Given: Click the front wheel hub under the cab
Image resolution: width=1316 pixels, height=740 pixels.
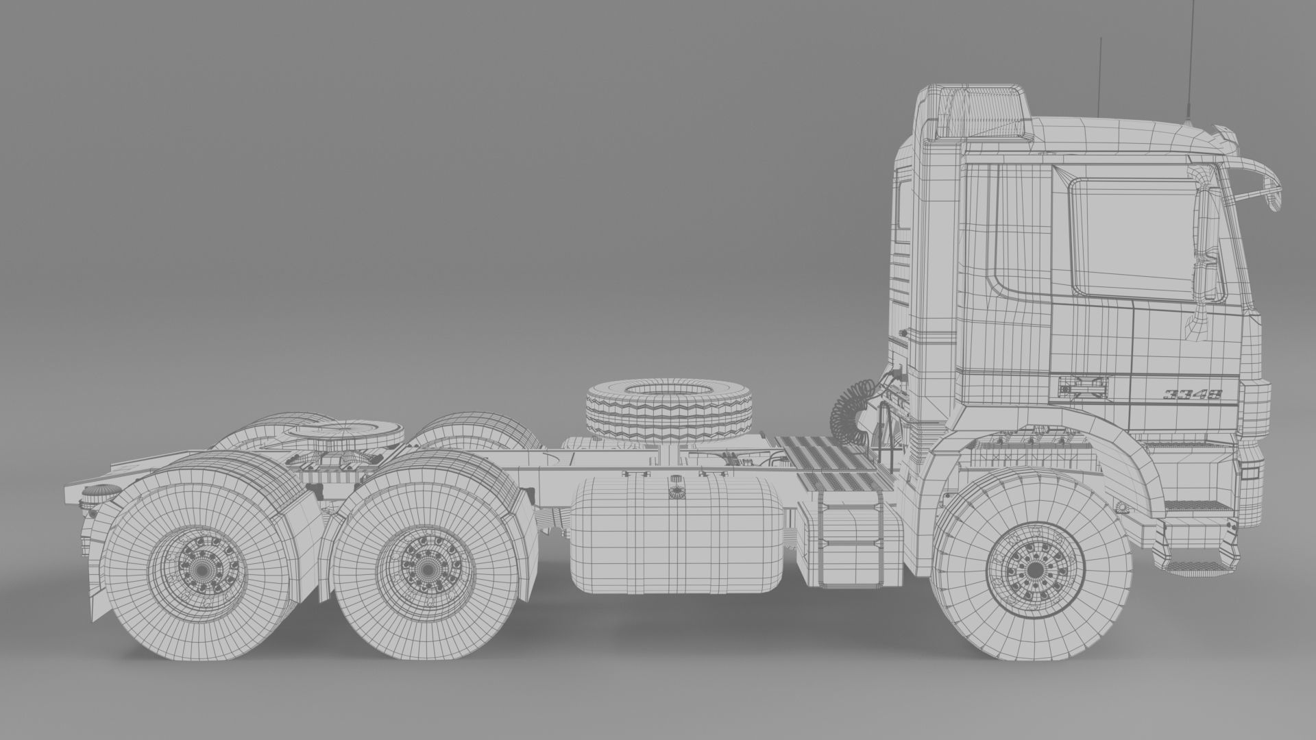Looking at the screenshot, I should click(1033, 570).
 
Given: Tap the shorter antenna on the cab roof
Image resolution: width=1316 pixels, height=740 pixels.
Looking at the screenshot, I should click(1099, 75).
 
